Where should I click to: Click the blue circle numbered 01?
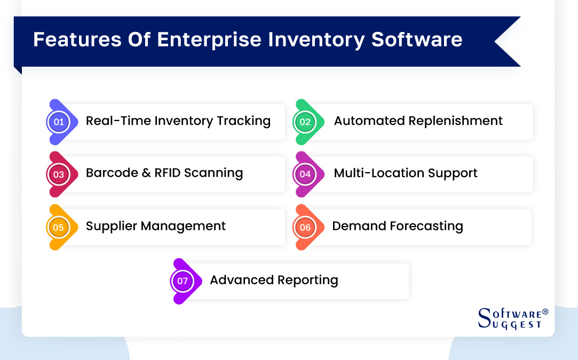(x=59, y=122)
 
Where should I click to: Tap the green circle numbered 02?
(x=305, y=122)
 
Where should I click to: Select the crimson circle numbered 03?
(x=59, y=174)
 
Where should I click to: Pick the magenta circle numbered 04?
(x=305, y=174)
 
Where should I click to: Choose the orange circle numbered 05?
(x=59, y=228)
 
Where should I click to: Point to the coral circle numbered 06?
(x=305, y=228)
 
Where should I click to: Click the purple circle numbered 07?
(x=183, y=281)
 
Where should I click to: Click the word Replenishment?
(x=460, y=121)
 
